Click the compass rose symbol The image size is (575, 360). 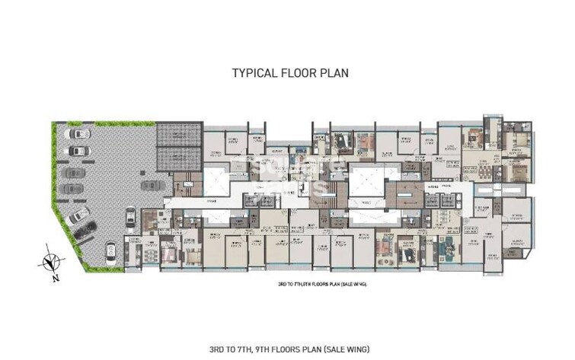tap(50, 261)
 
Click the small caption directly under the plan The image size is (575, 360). tap(323, 283)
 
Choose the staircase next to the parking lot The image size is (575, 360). tap(183, 186)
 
